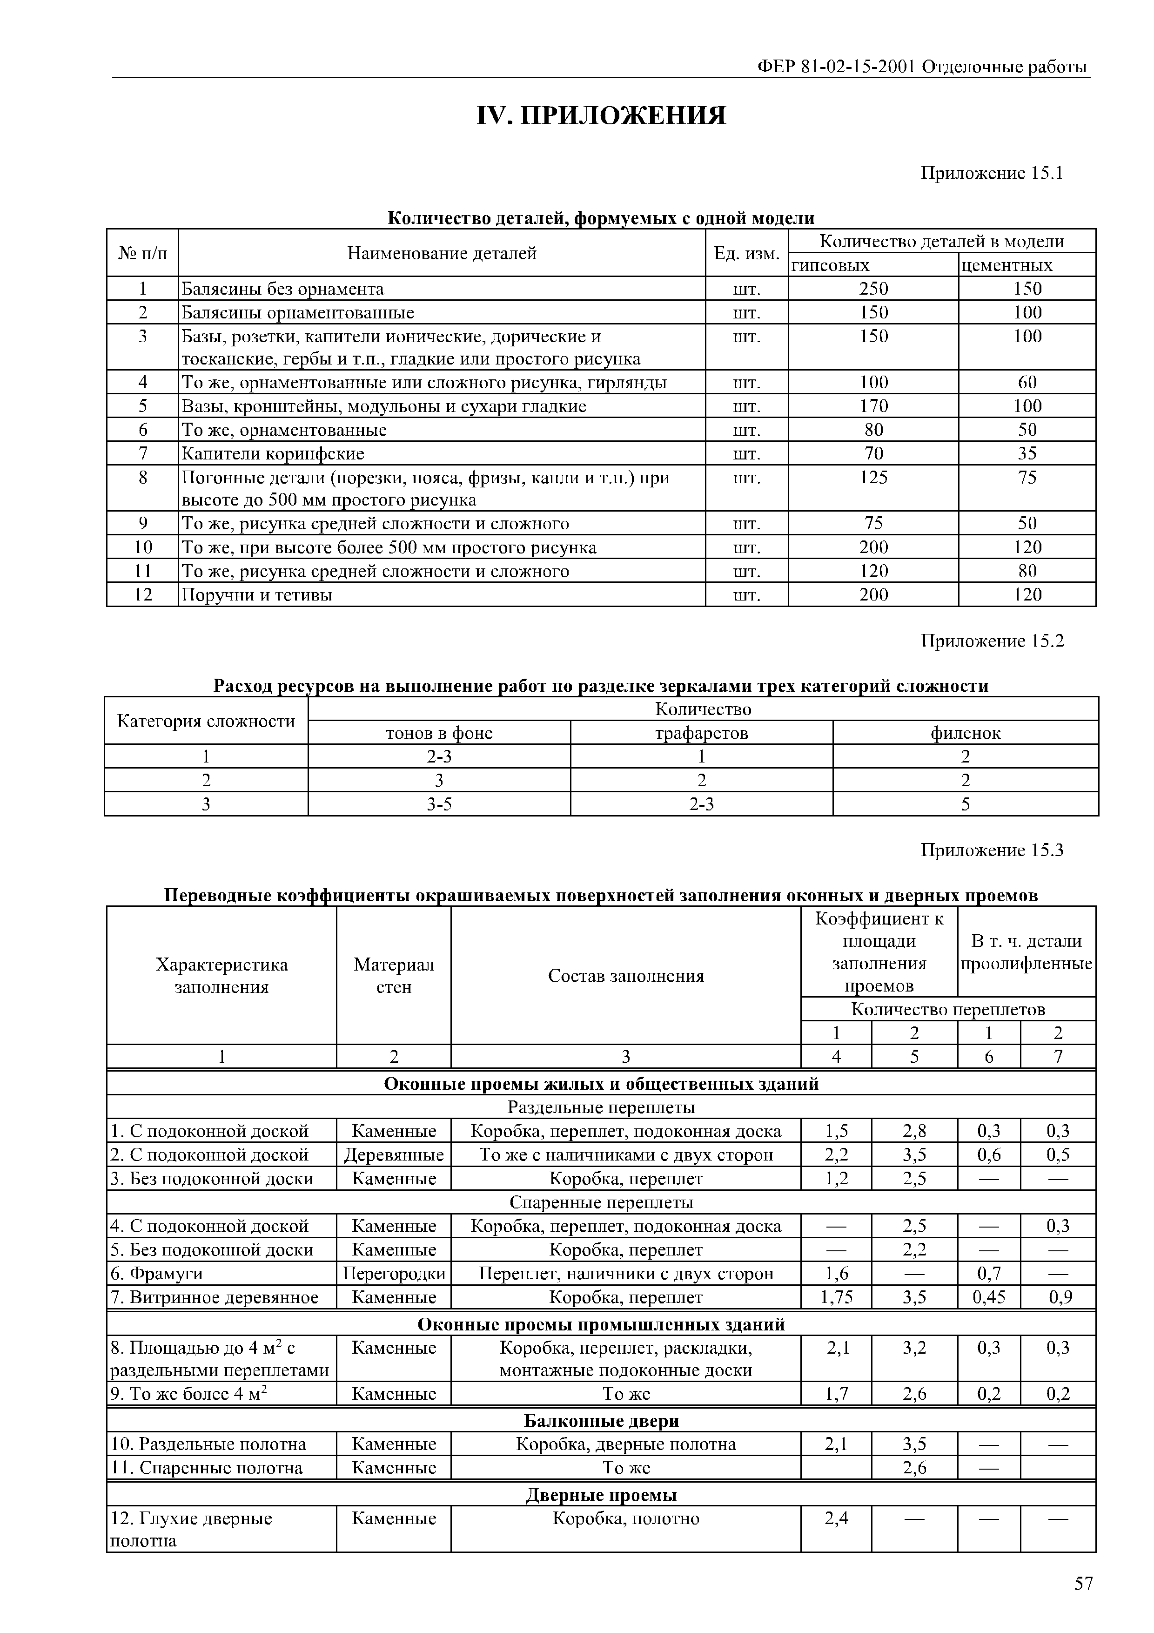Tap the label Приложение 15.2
point(992,641)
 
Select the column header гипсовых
point(831,265)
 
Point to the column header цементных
point(1007,265)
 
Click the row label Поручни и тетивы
point(257,594)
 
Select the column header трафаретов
point(701,733)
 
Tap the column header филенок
point(965,733)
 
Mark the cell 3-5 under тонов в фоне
point(439,804)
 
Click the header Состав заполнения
point(626,975)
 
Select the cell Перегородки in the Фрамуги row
point(394,1273)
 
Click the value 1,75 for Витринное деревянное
point(836,1297)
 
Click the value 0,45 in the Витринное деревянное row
point(988,1297)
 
